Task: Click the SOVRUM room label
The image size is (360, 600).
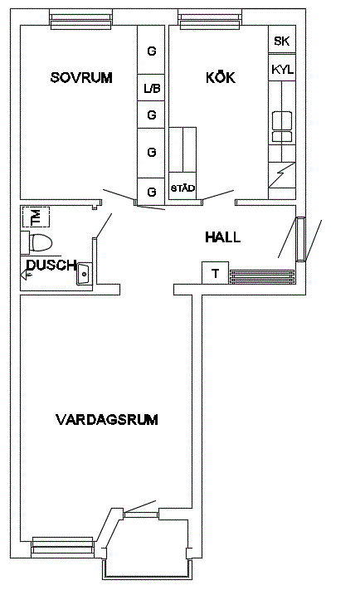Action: tap(81, 78)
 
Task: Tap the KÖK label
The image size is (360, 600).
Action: tap(221, 77)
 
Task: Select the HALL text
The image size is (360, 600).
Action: tap(222, 237)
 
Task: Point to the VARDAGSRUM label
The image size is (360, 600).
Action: tap(107, 419)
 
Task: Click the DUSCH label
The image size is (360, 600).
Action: tap(51, 265)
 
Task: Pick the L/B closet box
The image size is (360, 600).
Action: tap(152, 88)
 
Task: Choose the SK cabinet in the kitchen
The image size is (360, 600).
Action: tap(282, 40)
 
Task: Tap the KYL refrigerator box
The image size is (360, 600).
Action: tap(282, 68)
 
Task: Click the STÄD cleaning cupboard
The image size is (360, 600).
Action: tap(182, 188)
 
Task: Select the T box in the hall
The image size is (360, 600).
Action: tap(215, 273)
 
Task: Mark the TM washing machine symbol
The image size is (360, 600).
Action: tap(36, 217)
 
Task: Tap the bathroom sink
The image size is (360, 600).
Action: tap(84, 274)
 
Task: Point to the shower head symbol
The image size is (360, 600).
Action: tap(26, 274)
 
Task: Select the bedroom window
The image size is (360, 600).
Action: tap(81, 20)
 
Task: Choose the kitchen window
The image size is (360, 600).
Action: tap(210, 20)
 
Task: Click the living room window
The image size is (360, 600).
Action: tap(63, 545)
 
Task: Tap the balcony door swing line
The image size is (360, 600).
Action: tap(140, 506)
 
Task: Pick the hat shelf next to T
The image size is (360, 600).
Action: tap(262, 276)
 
